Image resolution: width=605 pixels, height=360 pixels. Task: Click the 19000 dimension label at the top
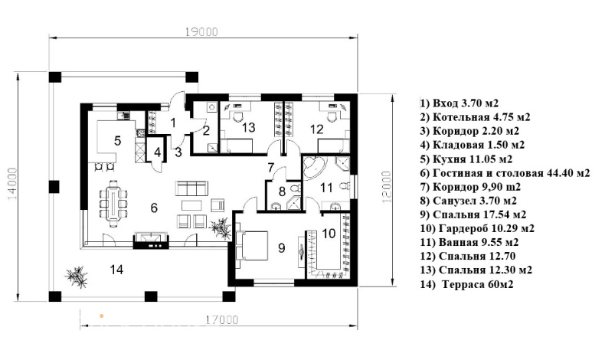[x=201, y=31]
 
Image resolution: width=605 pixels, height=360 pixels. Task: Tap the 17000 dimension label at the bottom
[x=222, y=320]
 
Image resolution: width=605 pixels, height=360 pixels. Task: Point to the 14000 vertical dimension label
[x=12, y=184]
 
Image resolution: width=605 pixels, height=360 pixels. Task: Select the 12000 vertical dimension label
[x=387, y=187]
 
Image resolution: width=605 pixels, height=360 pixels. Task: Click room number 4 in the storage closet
[x=157, y=152]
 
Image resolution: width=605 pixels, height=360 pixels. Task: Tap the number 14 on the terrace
[x=116, y=270]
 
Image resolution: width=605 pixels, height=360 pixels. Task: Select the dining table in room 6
[x=113, y=203]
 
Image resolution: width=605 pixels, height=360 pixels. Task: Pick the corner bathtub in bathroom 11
[x=314, y=169]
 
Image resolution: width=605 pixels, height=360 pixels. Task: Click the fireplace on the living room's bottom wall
[x=151, y=240]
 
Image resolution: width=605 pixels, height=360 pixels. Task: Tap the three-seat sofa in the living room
[x=191, y=188]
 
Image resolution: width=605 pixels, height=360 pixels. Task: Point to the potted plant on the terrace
[x=77, y=277]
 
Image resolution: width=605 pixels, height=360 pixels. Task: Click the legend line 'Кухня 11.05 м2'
[x=466, y=159]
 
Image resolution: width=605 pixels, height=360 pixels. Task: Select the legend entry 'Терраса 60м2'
[x=467, y=284]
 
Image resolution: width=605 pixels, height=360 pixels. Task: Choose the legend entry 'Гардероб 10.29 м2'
[x=477, y=228]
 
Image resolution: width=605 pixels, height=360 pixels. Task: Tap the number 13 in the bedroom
[x=249, y=127]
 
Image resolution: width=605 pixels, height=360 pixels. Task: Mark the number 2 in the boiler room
[x=206, y=130]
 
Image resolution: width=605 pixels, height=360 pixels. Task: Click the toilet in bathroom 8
[x=295, y=188]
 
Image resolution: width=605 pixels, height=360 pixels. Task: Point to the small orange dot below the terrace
[x=102, y=316]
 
